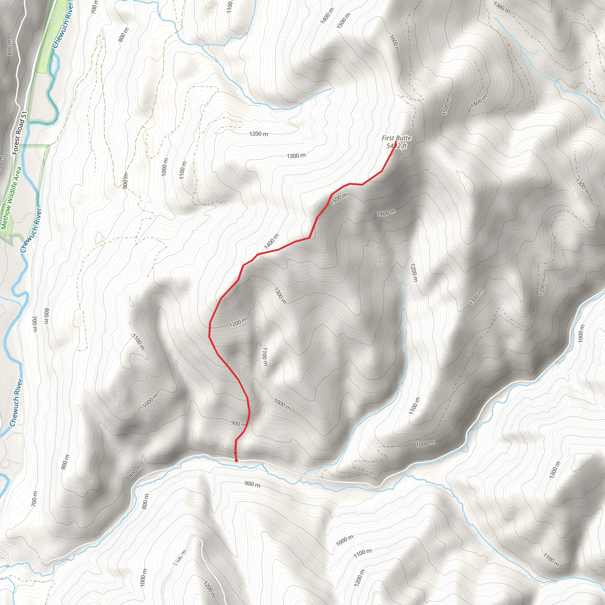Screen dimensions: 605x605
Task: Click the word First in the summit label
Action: point(387,138)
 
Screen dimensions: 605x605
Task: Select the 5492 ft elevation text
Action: point(396,146)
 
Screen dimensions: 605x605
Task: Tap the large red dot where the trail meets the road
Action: point(236,461)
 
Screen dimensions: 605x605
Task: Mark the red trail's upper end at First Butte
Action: point(396,142)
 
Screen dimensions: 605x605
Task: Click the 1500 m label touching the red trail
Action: point(339,199)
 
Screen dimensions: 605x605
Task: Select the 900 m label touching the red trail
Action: point(238,424)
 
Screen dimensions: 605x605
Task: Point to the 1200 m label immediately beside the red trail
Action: point(238,322)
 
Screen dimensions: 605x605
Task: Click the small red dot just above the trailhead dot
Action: point(235,453)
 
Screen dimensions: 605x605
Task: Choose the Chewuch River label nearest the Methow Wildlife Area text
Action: point(31,230)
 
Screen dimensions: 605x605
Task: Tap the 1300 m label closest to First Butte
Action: point(296,156)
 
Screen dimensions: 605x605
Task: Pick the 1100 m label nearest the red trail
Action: point(265,356)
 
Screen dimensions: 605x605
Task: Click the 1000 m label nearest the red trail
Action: point(282,404)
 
